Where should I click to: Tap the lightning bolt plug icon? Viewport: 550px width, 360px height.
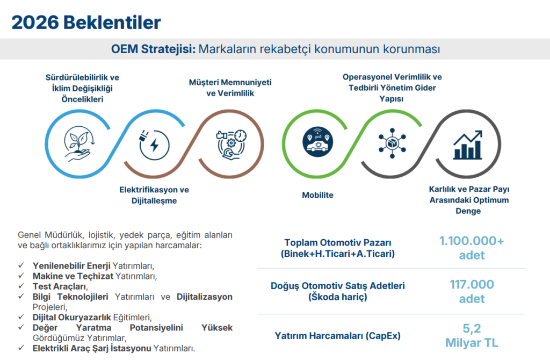click(x=154, y=145)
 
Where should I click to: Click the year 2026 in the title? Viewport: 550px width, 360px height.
click(x=34, y=22)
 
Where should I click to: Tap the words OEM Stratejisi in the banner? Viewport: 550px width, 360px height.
click(x=153, y=49)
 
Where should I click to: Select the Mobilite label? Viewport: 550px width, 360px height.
click(x=317, y=195)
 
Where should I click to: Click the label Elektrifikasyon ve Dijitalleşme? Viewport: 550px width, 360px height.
click(x=154, y=195)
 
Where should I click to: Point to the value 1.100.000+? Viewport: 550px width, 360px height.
click(x=472, y=241)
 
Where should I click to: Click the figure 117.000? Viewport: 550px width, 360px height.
click(x=472, y=285)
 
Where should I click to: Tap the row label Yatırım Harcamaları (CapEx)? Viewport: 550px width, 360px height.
click(x=338, y=336)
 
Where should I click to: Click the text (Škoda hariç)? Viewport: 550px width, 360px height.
click(x=338, y=297)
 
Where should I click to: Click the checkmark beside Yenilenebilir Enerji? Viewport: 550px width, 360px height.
click(x=21, y=266)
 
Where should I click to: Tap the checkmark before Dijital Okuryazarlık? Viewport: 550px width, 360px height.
click(x=21, y=317)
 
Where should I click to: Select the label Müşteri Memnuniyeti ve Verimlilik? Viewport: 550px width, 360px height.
click(x=230, y=88)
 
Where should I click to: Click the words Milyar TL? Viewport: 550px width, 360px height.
click(x=472, y=343)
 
